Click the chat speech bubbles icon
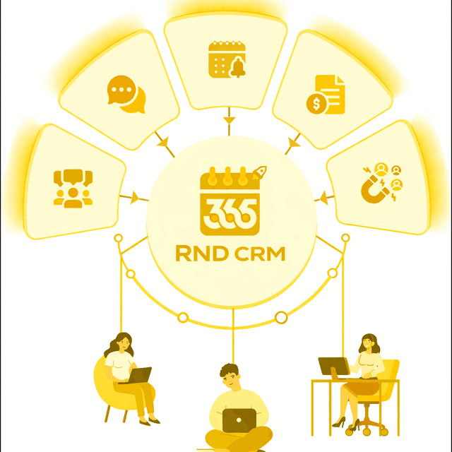point(126,94)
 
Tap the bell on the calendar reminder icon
point(238,68)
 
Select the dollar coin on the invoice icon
point(316,104)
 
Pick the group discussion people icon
point(73,189)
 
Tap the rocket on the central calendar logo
point(259,172)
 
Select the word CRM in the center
point(260,254)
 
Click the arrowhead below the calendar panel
point(229,119)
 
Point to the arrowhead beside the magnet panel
point(324,198)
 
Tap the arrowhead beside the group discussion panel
point(135,198)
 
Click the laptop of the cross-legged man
point(239,421)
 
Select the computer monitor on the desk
point(334,367)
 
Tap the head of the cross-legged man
point(230,376)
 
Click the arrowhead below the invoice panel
point(294,143)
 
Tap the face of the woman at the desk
point(368,344)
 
